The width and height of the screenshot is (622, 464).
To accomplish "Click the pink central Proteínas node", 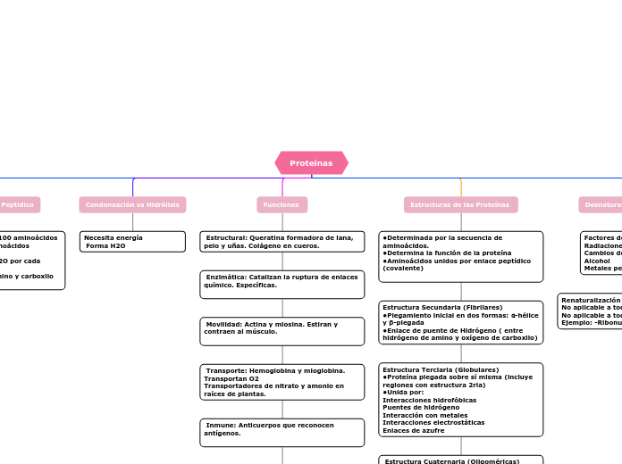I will point(311,163).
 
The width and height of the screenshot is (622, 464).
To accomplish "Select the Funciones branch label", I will point(282,205).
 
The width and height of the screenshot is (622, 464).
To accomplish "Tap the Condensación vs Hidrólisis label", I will point(132,205).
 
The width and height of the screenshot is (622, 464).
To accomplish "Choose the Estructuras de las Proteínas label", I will point(460,205).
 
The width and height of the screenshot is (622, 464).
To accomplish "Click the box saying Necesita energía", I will point(132,242).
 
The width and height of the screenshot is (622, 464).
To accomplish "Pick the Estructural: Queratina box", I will point(282,242).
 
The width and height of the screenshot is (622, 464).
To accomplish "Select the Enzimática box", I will point(282,285).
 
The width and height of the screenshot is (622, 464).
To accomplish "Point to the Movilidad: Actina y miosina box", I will point(282,331).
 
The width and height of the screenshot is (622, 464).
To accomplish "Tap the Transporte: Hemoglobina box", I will point(282,382).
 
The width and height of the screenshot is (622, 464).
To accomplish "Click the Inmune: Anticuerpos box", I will point(282,432).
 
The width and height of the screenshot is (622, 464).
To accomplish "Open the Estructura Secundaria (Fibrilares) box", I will point(460,322).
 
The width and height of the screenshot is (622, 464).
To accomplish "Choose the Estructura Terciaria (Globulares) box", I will point(460,399).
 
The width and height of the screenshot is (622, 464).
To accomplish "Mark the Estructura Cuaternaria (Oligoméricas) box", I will point(460,460).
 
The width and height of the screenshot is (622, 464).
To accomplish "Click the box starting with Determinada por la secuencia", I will point(460,256).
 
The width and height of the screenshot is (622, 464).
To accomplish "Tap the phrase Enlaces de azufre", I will point(414,430).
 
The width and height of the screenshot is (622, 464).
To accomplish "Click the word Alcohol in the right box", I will point(597,261).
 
